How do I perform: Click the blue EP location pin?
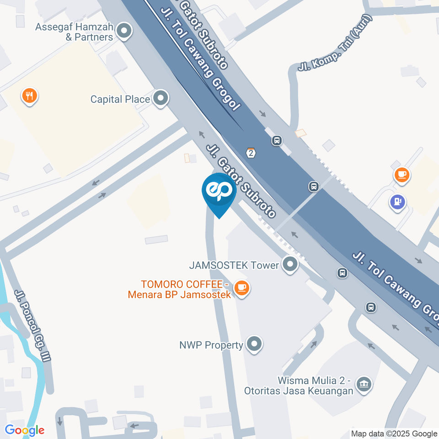219,192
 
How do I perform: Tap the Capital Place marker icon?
161,98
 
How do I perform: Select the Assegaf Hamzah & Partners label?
75,32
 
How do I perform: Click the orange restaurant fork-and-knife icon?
30,96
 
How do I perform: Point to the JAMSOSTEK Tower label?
234,265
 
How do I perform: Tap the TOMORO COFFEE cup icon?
241,288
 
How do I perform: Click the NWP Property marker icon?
254,344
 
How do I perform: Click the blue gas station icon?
397,201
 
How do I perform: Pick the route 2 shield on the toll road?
250,153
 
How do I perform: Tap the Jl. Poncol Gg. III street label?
32,326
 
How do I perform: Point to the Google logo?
24,430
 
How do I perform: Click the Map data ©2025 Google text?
394,434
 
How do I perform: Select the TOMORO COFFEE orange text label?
180,289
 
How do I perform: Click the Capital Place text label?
120,99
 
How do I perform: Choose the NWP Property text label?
211,345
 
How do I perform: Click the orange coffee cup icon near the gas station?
402,174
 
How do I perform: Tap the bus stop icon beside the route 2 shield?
276,140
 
